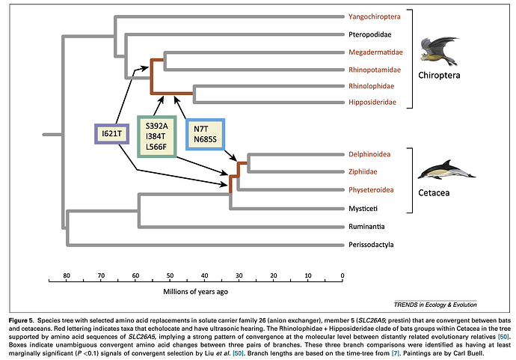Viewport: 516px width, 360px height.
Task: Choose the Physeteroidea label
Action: (x=371, y=190)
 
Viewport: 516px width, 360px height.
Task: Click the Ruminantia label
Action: (x=366, y=225)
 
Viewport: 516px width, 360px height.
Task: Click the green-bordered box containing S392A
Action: (x=156, y=136)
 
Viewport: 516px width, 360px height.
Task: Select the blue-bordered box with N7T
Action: (x=205, y=134)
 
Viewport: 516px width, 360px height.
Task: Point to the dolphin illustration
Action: (x=444, y=171)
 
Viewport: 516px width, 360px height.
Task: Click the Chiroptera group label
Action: (x=439, y=76)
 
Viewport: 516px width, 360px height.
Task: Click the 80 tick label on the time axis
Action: (x=67, y=276)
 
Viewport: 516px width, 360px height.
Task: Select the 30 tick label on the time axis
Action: (x=239, y=276)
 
